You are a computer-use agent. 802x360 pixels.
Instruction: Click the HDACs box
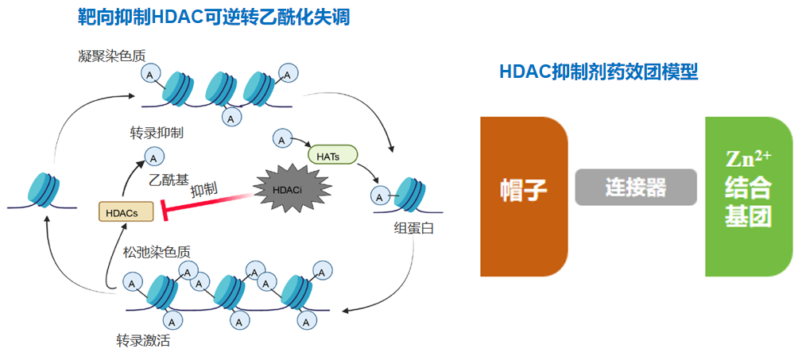coord(121,211)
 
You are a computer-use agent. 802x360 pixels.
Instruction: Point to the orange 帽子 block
coord(523,195)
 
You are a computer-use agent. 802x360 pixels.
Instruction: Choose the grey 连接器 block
coord(635,188)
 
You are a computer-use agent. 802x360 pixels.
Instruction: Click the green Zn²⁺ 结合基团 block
coord(748,195)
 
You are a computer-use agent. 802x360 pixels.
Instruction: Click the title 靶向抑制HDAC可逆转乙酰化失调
coord(214,17)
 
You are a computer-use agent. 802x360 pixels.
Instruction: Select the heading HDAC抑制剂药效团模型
coord(599,72)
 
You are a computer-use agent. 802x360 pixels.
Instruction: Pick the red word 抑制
coord(204,190)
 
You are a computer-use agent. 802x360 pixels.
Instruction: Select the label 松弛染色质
coord(157,252)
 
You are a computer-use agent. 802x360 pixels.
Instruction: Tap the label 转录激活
coord(143,342)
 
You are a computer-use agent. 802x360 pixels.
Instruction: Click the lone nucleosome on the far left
coord(44,188)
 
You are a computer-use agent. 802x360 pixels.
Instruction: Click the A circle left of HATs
coord(281,140)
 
